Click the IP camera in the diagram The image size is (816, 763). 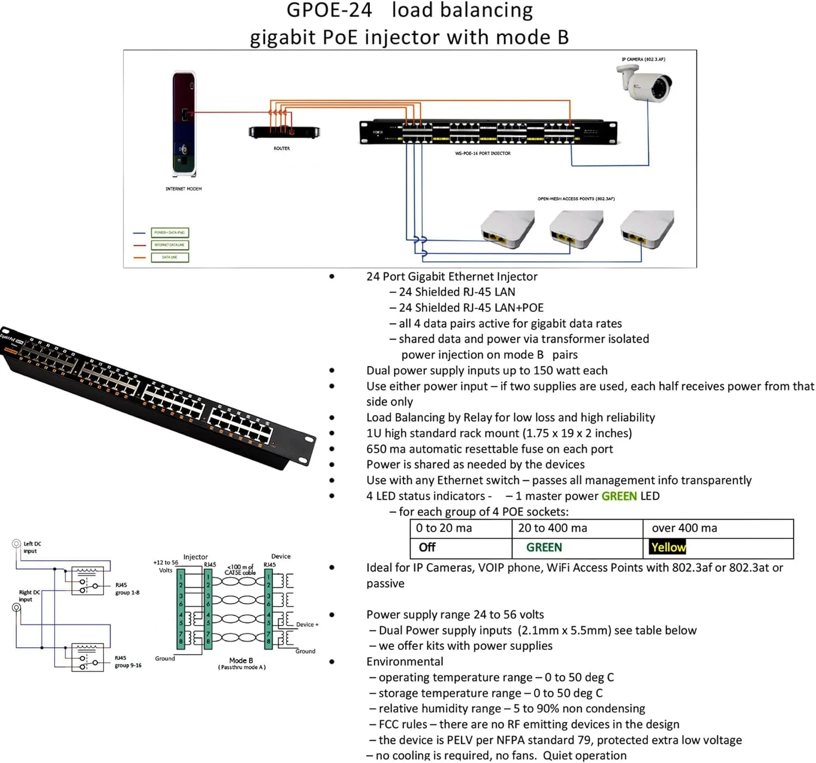click(645, 83)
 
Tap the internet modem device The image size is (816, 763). click(184, 124)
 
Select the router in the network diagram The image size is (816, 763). click(284, 132)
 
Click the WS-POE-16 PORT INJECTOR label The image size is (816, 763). click(483, 153)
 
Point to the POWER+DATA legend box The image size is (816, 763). click(170, 233)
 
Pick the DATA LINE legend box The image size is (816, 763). click(170, 257)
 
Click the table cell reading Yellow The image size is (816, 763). click(668, 548)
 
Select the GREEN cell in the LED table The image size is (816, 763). click(544, 548)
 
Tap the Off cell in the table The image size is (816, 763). click(427, 548)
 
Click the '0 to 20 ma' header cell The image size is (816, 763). click(444, 528)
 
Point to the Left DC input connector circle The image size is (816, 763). click(16, 543)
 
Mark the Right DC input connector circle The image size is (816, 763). click(16, 607)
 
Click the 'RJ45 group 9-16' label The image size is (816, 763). click(128, 661)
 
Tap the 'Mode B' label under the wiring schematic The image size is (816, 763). click(241, 660)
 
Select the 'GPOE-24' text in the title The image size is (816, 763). click(329, 10)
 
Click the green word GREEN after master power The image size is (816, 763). click(619, 496)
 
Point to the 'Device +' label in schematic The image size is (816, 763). click(307, 624)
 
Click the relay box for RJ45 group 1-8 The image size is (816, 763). click(88, 581)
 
